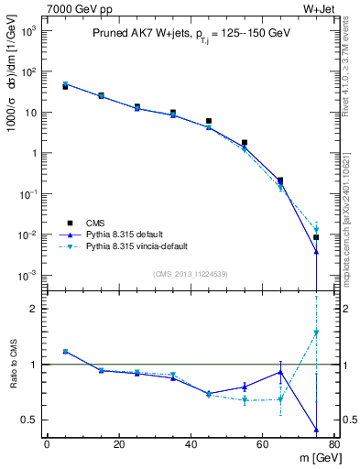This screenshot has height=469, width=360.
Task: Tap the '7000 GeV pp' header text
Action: [73, 8]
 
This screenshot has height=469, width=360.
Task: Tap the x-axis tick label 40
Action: [191, 444]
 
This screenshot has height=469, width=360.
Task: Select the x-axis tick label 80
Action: [334, 444]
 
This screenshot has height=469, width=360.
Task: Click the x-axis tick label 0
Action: [47, 444]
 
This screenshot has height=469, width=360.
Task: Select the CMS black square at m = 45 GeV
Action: [209, 121]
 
